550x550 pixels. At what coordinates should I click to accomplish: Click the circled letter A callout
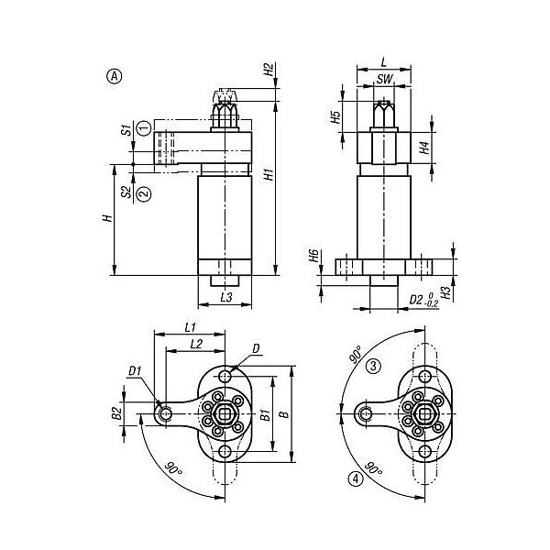tap(114, 76)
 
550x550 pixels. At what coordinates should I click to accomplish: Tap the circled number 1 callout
tap(144, 128)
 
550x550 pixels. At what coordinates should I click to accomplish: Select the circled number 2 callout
tap(144, 194)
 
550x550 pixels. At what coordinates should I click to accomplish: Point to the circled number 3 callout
tap(373, 366)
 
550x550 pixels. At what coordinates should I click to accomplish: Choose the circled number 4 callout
tap(356, 478)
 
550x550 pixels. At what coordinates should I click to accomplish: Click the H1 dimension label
tap(269, 174)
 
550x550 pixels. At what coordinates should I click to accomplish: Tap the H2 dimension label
tap(269, 70)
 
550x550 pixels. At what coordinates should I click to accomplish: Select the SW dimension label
tap(384, 79)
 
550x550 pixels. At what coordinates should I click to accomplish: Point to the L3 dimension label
tap(226, 297)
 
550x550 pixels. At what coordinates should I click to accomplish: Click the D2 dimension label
tap(416, 300)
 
